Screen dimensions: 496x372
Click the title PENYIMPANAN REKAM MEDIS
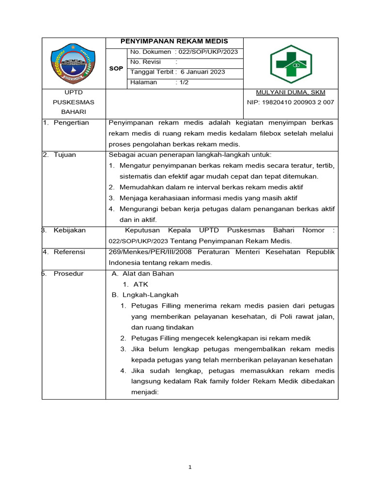tap(174, 42)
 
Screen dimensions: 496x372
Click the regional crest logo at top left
tap(74, 63)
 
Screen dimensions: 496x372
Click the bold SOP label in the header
tap(116, 68)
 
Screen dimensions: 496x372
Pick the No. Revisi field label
tap(145, 62)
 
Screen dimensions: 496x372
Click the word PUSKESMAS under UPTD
tap(74, 102)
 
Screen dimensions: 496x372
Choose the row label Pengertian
tap(71, 123)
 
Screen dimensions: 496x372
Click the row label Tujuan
tap(65, 155)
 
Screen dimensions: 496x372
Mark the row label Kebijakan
tap(70, 230)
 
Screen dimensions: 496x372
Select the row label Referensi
tap(69, 252)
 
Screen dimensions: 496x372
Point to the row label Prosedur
tap(68, 274)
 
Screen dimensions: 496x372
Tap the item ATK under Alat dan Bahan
tap(140, 284)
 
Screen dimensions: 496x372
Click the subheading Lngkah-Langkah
tap(147, 294)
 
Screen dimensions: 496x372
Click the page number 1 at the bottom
tap(190, 467)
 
